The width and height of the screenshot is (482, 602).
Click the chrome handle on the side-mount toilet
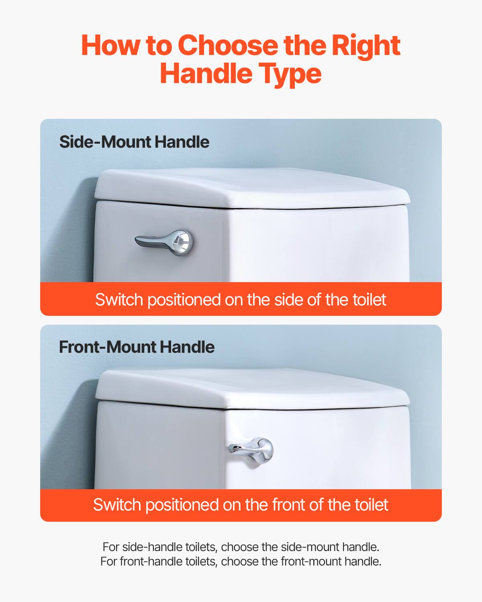pyautogui.click(x=161, y=242)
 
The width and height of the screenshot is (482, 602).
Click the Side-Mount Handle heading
pyautogui.click(x=134, y=142)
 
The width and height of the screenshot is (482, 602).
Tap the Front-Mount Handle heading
pyautogui.click(x=137, y=347)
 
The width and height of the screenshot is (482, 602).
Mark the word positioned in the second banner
pyautogui.click(x=182, y=505)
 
